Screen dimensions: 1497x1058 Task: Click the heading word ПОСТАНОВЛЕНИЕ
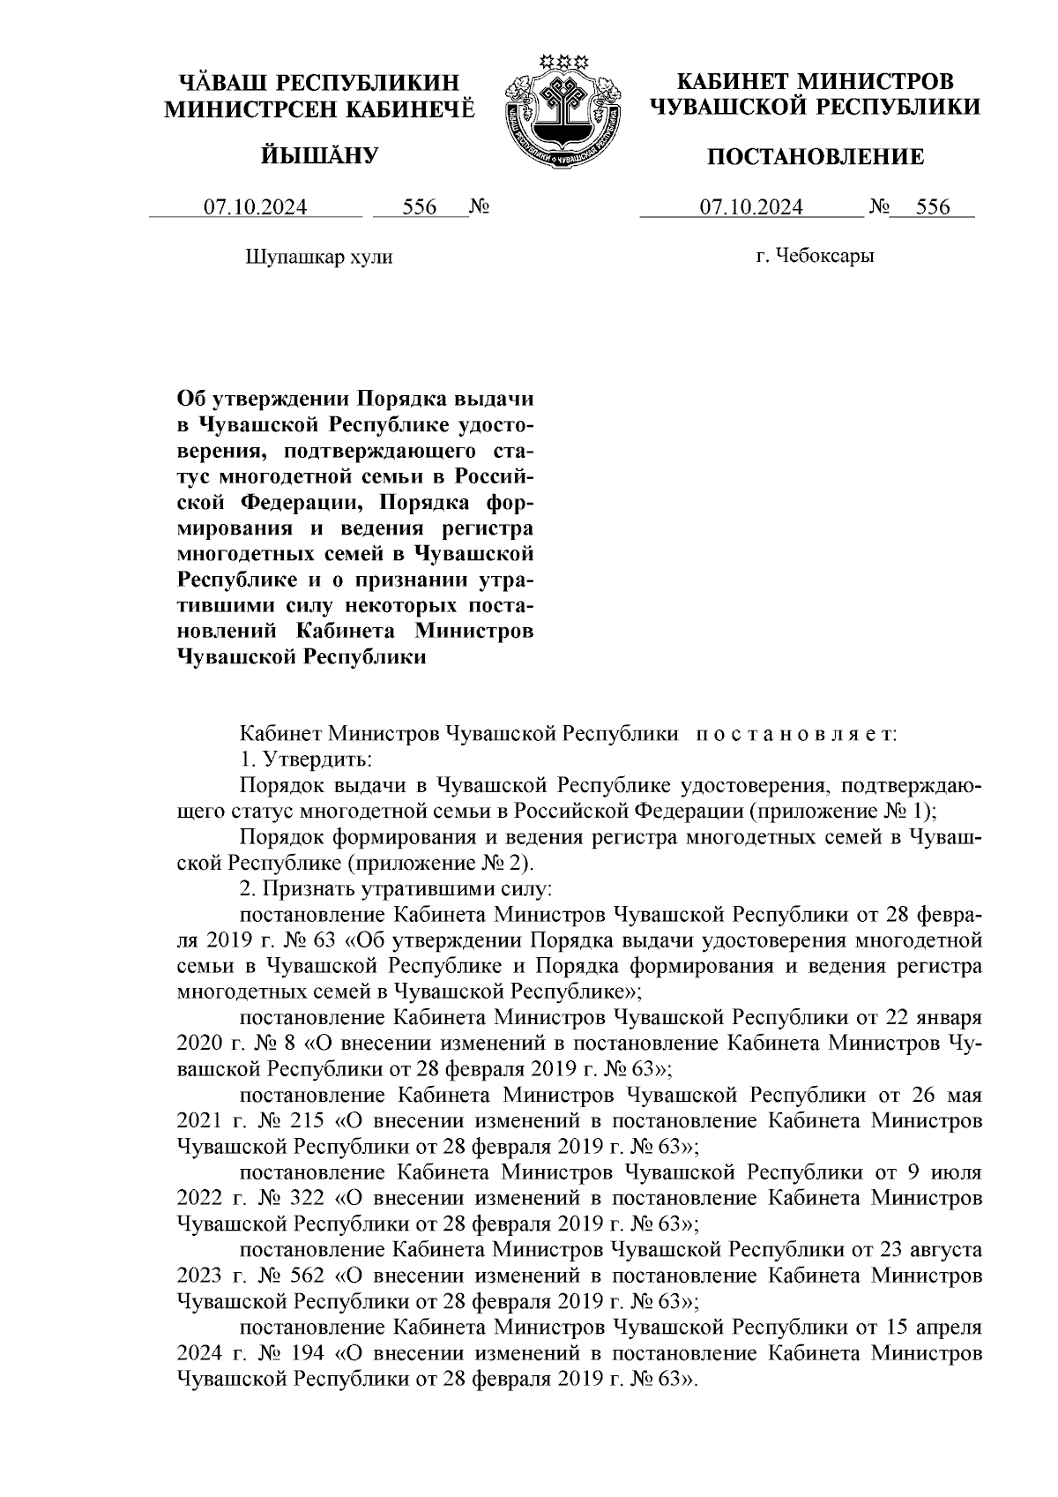click(816, 158)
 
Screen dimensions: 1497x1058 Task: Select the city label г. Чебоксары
click(815, 257)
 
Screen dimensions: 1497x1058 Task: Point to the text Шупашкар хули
click(317, 258)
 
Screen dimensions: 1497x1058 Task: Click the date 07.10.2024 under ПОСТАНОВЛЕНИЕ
click(751, 208)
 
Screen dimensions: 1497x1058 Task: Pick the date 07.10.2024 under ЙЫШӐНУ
click(256, 208)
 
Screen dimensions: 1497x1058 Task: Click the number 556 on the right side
click(933, 208)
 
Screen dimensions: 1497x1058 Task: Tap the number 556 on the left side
click(420, 208)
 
